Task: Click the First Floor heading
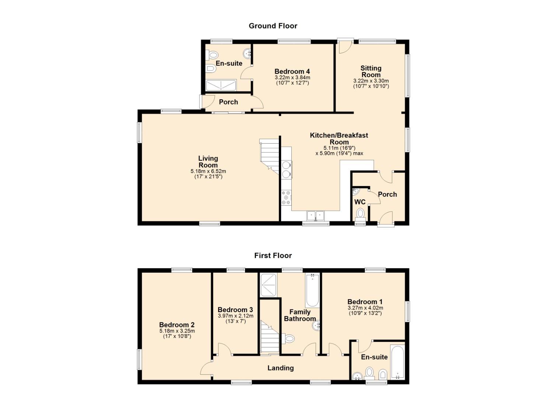[273, 255]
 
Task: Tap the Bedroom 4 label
[292, 71]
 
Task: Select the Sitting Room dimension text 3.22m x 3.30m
[371, 81]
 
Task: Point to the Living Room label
[208, 162]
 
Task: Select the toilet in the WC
[360, 215]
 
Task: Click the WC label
[360, 202]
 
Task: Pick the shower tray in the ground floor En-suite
[221, 85]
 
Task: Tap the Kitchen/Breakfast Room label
[339, 139]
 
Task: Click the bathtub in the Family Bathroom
[312, 290]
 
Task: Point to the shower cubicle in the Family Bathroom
[269, 284]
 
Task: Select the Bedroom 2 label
[177, 325]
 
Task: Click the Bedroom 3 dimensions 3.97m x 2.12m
[236, 316]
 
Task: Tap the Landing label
[281, 368]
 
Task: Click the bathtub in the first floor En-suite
[397, 362]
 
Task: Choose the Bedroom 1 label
[365, 302]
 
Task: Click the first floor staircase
[270, 337]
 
